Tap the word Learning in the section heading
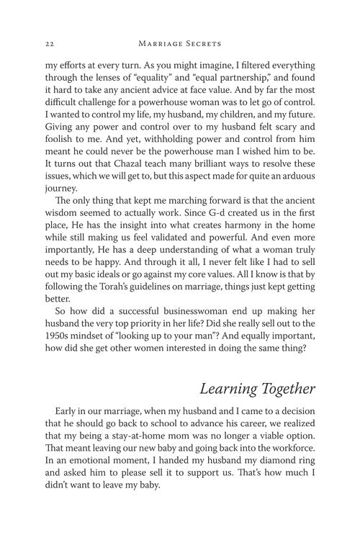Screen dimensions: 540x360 click(231, 390)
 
